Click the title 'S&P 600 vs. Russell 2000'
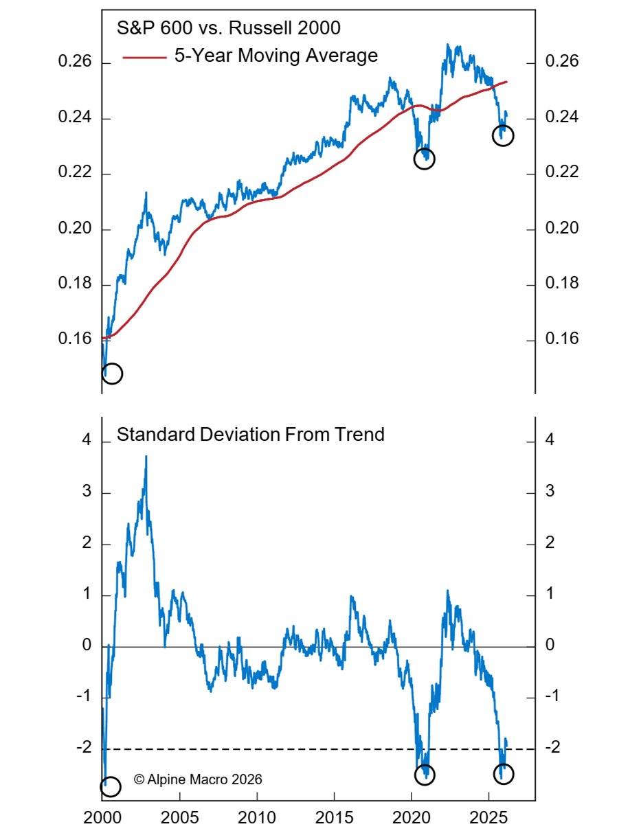229,29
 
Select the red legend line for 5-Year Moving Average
144,58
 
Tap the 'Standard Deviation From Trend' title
251,435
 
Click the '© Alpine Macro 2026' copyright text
198,779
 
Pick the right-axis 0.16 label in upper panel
562,339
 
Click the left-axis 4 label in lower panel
87,442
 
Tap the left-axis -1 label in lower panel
84,697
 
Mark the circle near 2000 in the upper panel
112,374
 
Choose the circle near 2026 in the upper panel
504,135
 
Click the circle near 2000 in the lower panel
111,786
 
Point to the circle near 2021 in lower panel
425,774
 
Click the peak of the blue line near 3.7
146,456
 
